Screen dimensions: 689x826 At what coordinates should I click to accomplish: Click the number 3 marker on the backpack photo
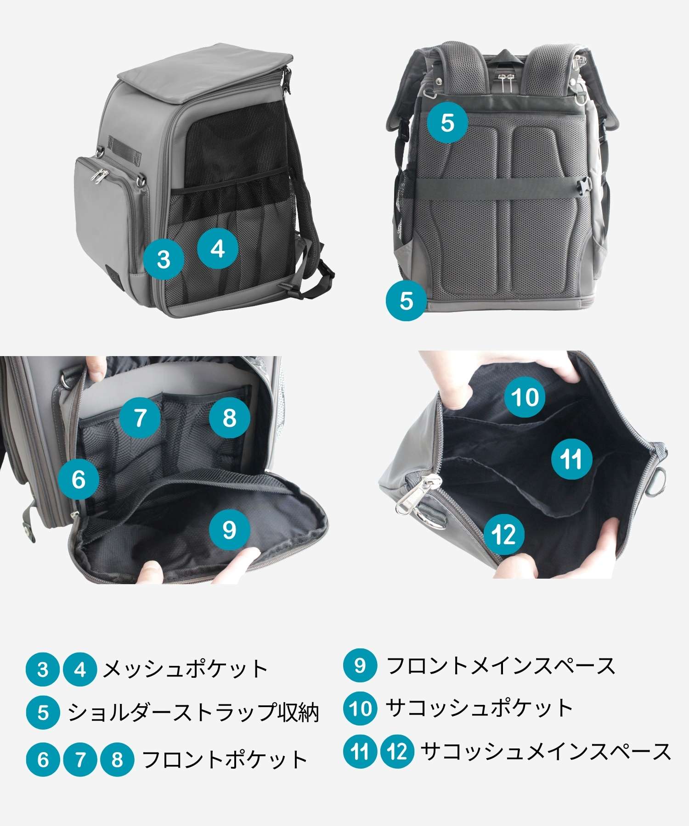point(164,259)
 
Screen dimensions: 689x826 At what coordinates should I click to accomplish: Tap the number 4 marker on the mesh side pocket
point(218,249)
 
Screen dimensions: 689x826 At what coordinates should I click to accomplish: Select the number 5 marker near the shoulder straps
point(447,123)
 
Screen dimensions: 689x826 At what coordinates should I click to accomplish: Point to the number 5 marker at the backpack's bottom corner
point(406,301)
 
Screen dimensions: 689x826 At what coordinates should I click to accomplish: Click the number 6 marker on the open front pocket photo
point(79,480)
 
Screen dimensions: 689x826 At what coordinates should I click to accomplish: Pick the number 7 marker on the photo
point(140,418)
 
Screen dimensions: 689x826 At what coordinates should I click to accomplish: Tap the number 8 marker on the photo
point(230,418)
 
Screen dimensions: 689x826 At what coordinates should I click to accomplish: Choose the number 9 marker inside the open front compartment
point(230,530)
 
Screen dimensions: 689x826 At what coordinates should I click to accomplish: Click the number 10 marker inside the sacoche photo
point(525,397)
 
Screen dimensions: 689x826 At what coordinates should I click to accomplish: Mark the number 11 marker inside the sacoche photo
point(571,459)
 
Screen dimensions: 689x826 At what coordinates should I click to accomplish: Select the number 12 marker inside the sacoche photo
point(504,534)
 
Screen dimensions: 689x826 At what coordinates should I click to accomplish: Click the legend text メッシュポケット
point(185,669)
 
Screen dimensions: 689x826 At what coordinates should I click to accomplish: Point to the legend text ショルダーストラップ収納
point(193,713)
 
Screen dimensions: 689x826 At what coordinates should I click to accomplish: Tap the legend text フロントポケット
point(225,759)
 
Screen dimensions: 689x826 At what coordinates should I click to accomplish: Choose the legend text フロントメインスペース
point(501,665)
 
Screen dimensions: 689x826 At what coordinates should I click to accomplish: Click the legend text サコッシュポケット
point(480,708)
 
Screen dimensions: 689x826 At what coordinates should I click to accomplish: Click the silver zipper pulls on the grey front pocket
point(100,176)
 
